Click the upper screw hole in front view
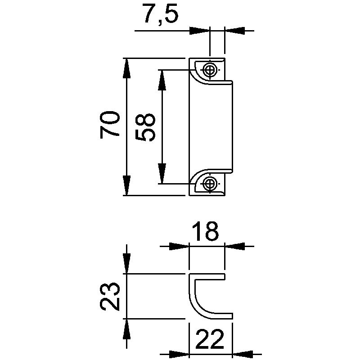click(209, 70)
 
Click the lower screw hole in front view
click(209, 183)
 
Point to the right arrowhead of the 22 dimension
click(241, 353)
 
